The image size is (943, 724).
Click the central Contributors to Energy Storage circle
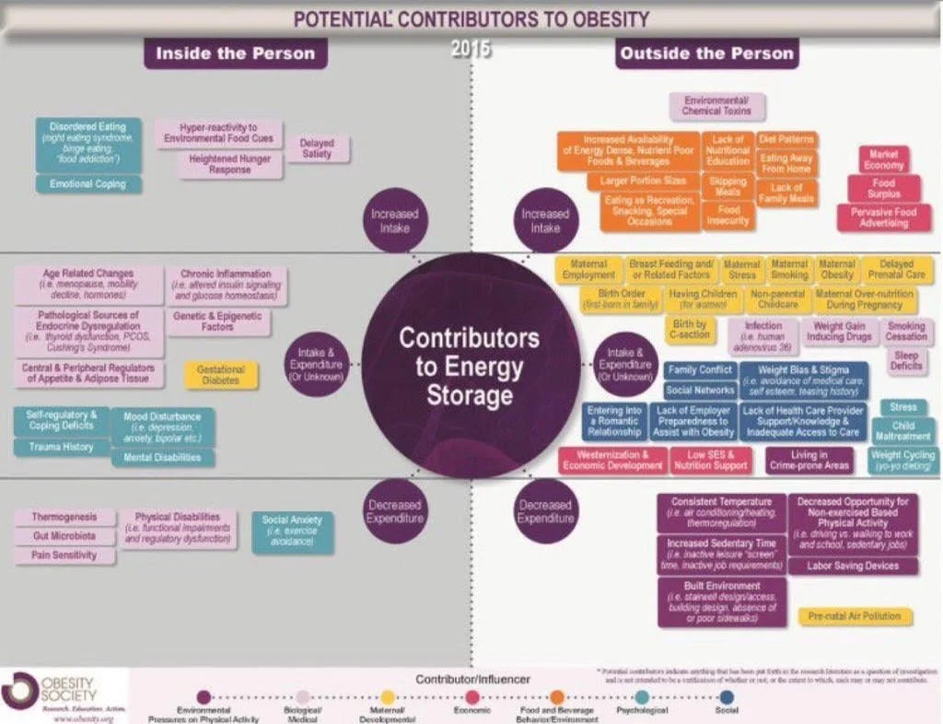(x=469, y=366)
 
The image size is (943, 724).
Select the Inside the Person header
(x=235, y=53)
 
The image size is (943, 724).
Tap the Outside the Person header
(x=706, y=53)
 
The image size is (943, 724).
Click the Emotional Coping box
(x=88, y=184)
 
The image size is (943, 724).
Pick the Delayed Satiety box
(x=317, y=148)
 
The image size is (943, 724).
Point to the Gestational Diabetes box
(x=220, y=375)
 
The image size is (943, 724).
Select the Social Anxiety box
(x=292, y=532)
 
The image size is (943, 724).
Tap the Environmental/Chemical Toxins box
(x=717, y=105)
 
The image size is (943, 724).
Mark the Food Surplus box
(x=883, y=189)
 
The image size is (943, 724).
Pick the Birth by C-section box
(x=690, y=330)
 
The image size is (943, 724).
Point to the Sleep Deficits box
(x=906, y=361)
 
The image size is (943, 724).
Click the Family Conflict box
(x=700, y=370)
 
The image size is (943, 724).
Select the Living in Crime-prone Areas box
(x=809, y=461)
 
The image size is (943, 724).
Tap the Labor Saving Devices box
(x=852, y=566)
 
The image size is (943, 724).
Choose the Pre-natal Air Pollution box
(x=854, y=615)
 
